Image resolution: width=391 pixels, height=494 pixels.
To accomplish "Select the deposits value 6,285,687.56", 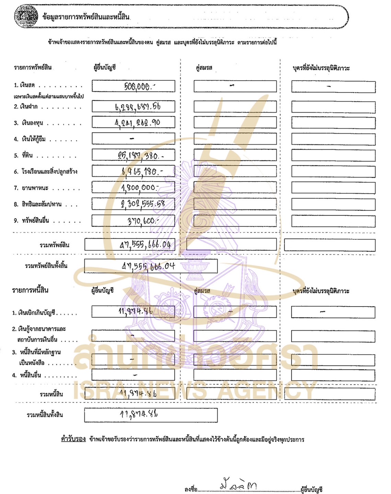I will (137, 106).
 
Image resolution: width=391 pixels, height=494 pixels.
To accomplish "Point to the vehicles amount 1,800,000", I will (139, 187).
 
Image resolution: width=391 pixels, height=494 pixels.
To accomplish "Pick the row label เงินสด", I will (27, 85).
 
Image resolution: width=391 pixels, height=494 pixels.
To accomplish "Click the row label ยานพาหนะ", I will (35, 188).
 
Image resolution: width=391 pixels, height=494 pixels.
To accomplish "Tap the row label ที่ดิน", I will (27, 156).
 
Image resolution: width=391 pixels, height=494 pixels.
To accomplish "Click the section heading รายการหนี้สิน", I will (30, 290).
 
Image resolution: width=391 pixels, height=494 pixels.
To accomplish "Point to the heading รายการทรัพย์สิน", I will (33, 67).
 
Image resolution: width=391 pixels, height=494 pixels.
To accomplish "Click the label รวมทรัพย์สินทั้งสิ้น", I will (46, 266).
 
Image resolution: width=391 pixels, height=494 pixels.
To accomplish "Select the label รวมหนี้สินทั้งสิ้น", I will (45, 415).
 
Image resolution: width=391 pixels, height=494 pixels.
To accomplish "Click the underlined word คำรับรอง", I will (73, 439).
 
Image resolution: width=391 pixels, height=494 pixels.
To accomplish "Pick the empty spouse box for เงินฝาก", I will (235, 107).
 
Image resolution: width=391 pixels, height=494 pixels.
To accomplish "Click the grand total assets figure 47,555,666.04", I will (148, 266).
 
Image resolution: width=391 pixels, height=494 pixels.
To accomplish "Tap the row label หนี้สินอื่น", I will (31, 375).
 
